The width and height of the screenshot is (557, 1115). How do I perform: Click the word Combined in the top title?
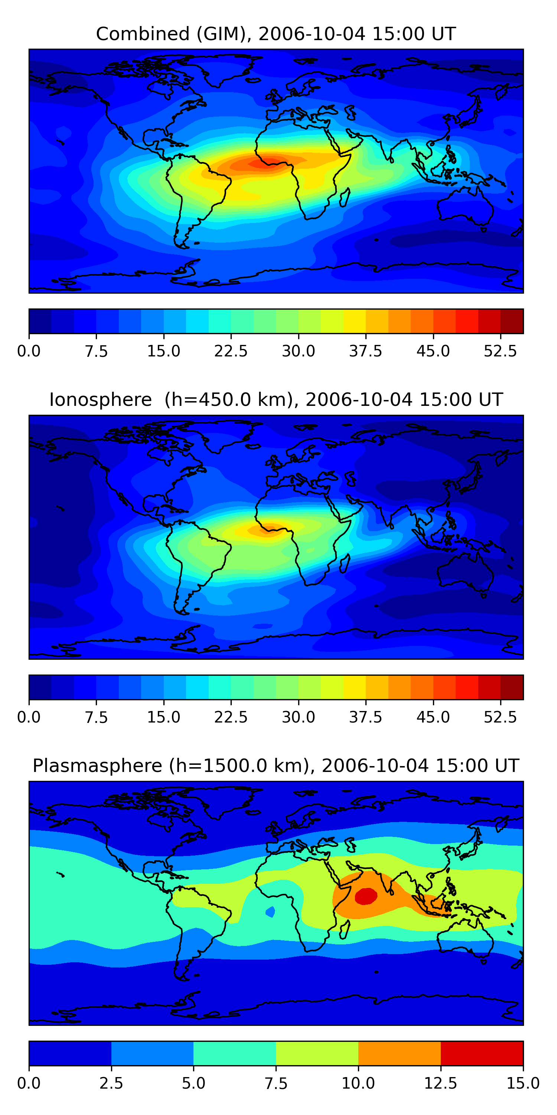[143, 34]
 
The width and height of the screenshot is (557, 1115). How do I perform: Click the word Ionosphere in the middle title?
[100, 400]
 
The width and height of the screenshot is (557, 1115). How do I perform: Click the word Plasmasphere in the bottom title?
[97, 766]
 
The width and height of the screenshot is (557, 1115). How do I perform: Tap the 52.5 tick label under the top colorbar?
[500, 351]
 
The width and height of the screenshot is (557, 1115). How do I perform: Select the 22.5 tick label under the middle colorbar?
[231, 717]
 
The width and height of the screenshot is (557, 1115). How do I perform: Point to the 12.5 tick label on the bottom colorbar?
[440, 1083]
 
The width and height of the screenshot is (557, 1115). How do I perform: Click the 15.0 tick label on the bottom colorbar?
[523, 1083]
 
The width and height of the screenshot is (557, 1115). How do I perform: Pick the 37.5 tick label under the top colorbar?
[365, 351]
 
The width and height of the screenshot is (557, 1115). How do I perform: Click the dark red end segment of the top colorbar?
[512, 321]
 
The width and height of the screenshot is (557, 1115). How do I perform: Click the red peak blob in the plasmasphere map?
[366, 896]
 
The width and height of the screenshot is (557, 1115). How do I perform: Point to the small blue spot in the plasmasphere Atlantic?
[270, 912]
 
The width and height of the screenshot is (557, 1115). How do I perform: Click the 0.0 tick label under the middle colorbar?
[29, 717]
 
